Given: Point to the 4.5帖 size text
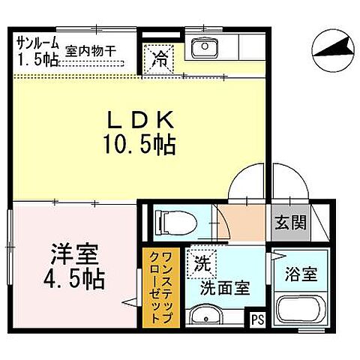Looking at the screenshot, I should [73, 281].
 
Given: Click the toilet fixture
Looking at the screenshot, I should [173, 221].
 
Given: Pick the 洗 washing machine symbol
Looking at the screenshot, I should [199, 262].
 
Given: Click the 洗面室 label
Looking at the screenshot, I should [224, 287].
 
